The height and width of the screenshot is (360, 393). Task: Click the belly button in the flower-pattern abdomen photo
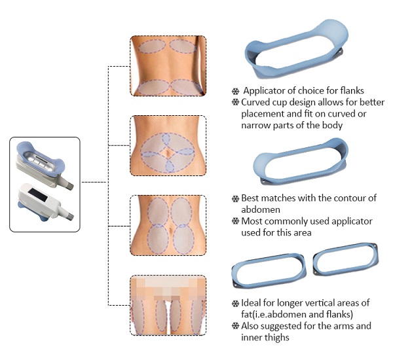pyautogui.click(x=168, y=153)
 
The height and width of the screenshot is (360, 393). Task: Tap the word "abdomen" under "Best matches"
pyautogui.click(x=261, y=209)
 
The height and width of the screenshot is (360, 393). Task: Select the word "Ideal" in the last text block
pyautogui.click(x=251, y=303)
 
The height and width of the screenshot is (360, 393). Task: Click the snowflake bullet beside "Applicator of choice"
pyautogui.click(x=235, y=91)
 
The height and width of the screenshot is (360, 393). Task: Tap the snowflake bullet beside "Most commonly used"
pyautogui.click(x=235, y=221)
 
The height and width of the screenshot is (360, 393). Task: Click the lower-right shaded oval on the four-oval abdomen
pyautogui.click(x=183, y=240)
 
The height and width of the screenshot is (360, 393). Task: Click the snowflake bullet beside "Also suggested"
pyautogui.click(x=235, y=326)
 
